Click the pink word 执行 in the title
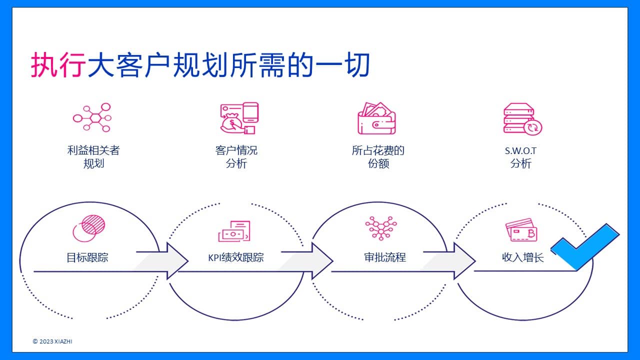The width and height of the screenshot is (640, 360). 58,65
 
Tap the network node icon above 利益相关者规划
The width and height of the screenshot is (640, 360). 92,117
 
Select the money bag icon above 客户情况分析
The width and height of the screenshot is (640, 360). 239,118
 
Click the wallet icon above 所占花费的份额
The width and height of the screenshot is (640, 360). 376,118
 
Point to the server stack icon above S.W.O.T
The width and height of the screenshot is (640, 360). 522,119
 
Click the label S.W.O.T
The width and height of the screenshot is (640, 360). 520,151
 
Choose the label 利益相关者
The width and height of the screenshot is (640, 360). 93,150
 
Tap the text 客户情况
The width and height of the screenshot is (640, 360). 236,150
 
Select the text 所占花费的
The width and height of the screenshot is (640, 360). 378,150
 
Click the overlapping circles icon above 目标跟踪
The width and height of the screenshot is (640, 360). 89,228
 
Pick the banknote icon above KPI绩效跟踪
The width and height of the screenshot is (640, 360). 234,231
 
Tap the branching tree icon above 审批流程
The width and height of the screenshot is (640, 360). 381,228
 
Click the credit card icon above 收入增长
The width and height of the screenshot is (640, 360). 521,230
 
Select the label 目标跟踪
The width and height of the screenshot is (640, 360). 87,257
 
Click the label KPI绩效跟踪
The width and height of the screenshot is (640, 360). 235,257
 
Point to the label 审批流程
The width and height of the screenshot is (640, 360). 385,257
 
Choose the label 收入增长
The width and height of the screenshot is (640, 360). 523,257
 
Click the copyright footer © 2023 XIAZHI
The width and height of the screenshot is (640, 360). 52,341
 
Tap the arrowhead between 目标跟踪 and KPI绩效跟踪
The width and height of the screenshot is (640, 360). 177,261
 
